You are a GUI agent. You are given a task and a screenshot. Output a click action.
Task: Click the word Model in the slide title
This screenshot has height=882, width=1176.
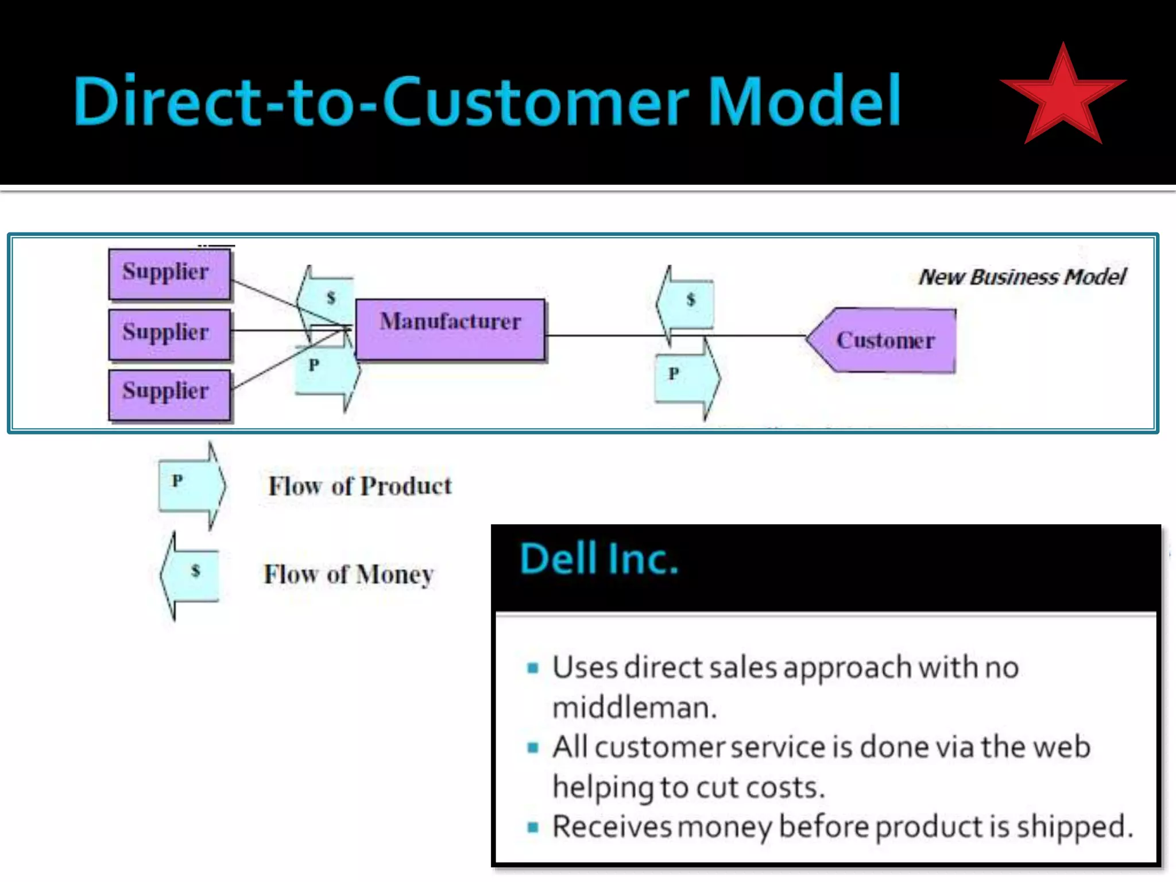pyautogui.click(x=804, y=101)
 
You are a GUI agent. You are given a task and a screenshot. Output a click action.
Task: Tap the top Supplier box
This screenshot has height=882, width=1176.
pyautogui.click(x=169, y=274)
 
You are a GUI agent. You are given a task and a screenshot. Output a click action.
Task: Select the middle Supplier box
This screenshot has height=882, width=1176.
pyautogui.click(x=169, y=334)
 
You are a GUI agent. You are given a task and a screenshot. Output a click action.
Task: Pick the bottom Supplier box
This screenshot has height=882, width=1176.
pyautogui.click(x=169, y=394)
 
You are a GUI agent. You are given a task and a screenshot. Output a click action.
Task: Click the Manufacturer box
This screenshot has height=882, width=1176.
pyautogui.click(x=450, y=329)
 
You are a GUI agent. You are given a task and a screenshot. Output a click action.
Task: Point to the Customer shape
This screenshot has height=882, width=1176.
pyautogui.click(x=884, y=341)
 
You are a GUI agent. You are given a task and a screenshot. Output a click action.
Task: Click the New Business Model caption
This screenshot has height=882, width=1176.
pyautogui.click(x=1022, y=277)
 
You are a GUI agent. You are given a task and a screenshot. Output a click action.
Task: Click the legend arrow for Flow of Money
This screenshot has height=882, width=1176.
pyautogui.click(x=190, y=574)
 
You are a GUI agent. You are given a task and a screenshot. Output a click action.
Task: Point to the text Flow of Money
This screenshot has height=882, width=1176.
pyautogui.click(x=349, y=574)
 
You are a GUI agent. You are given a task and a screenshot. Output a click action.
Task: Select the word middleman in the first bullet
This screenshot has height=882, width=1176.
pyautogui.click(x=634, y=707)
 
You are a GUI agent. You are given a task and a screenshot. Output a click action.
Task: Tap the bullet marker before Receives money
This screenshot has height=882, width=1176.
pyautogui.click(x=533, y=827)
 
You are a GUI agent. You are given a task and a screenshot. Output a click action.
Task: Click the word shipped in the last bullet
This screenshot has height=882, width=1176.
pyautogui.click(x=1074, y=827)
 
